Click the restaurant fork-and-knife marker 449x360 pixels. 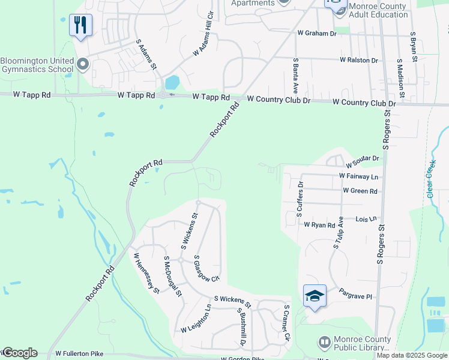pyautogui.click(x=80, y=25)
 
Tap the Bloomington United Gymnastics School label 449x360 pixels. pyautogui.click(x=37, y=64)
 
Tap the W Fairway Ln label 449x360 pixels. pyautogui.click(x=358, y=176)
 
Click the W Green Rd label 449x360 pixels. pyautogui.click(x=360, y=191)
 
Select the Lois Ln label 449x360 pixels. pyautogui.click(x=366, y=220)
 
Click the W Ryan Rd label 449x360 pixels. pyautogui.click(x=319, y=225)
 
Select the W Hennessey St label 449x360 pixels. pyautogui.click(x=146, y=272)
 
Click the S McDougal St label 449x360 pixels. pyautogui.click(x=173, y=276)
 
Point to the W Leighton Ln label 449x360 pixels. pyautogui.click(x=196, y=319)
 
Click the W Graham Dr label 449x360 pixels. pyautogui.click(x=316, y=34)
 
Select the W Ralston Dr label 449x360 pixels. pyautogui.click(x=358, y=60)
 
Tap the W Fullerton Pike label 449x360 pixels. pyautogui.click(x=79, y=355)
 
